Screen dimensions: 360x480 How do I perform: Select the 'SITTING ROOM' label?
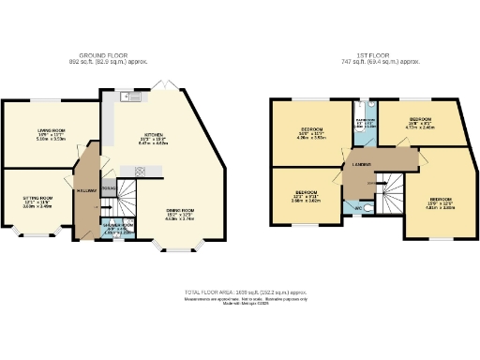pyautogui.click(x=37, y=199)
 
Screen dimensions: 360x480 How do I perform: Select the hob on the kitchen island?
pyautogui.click(x=142, y=171)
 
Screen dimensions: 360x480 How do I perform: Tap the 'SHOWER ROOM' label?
pyautogui.click(x=118, y=226)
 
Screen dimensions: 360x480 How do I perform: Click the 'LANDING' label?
pyautogui.click(x=361, y=165)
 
